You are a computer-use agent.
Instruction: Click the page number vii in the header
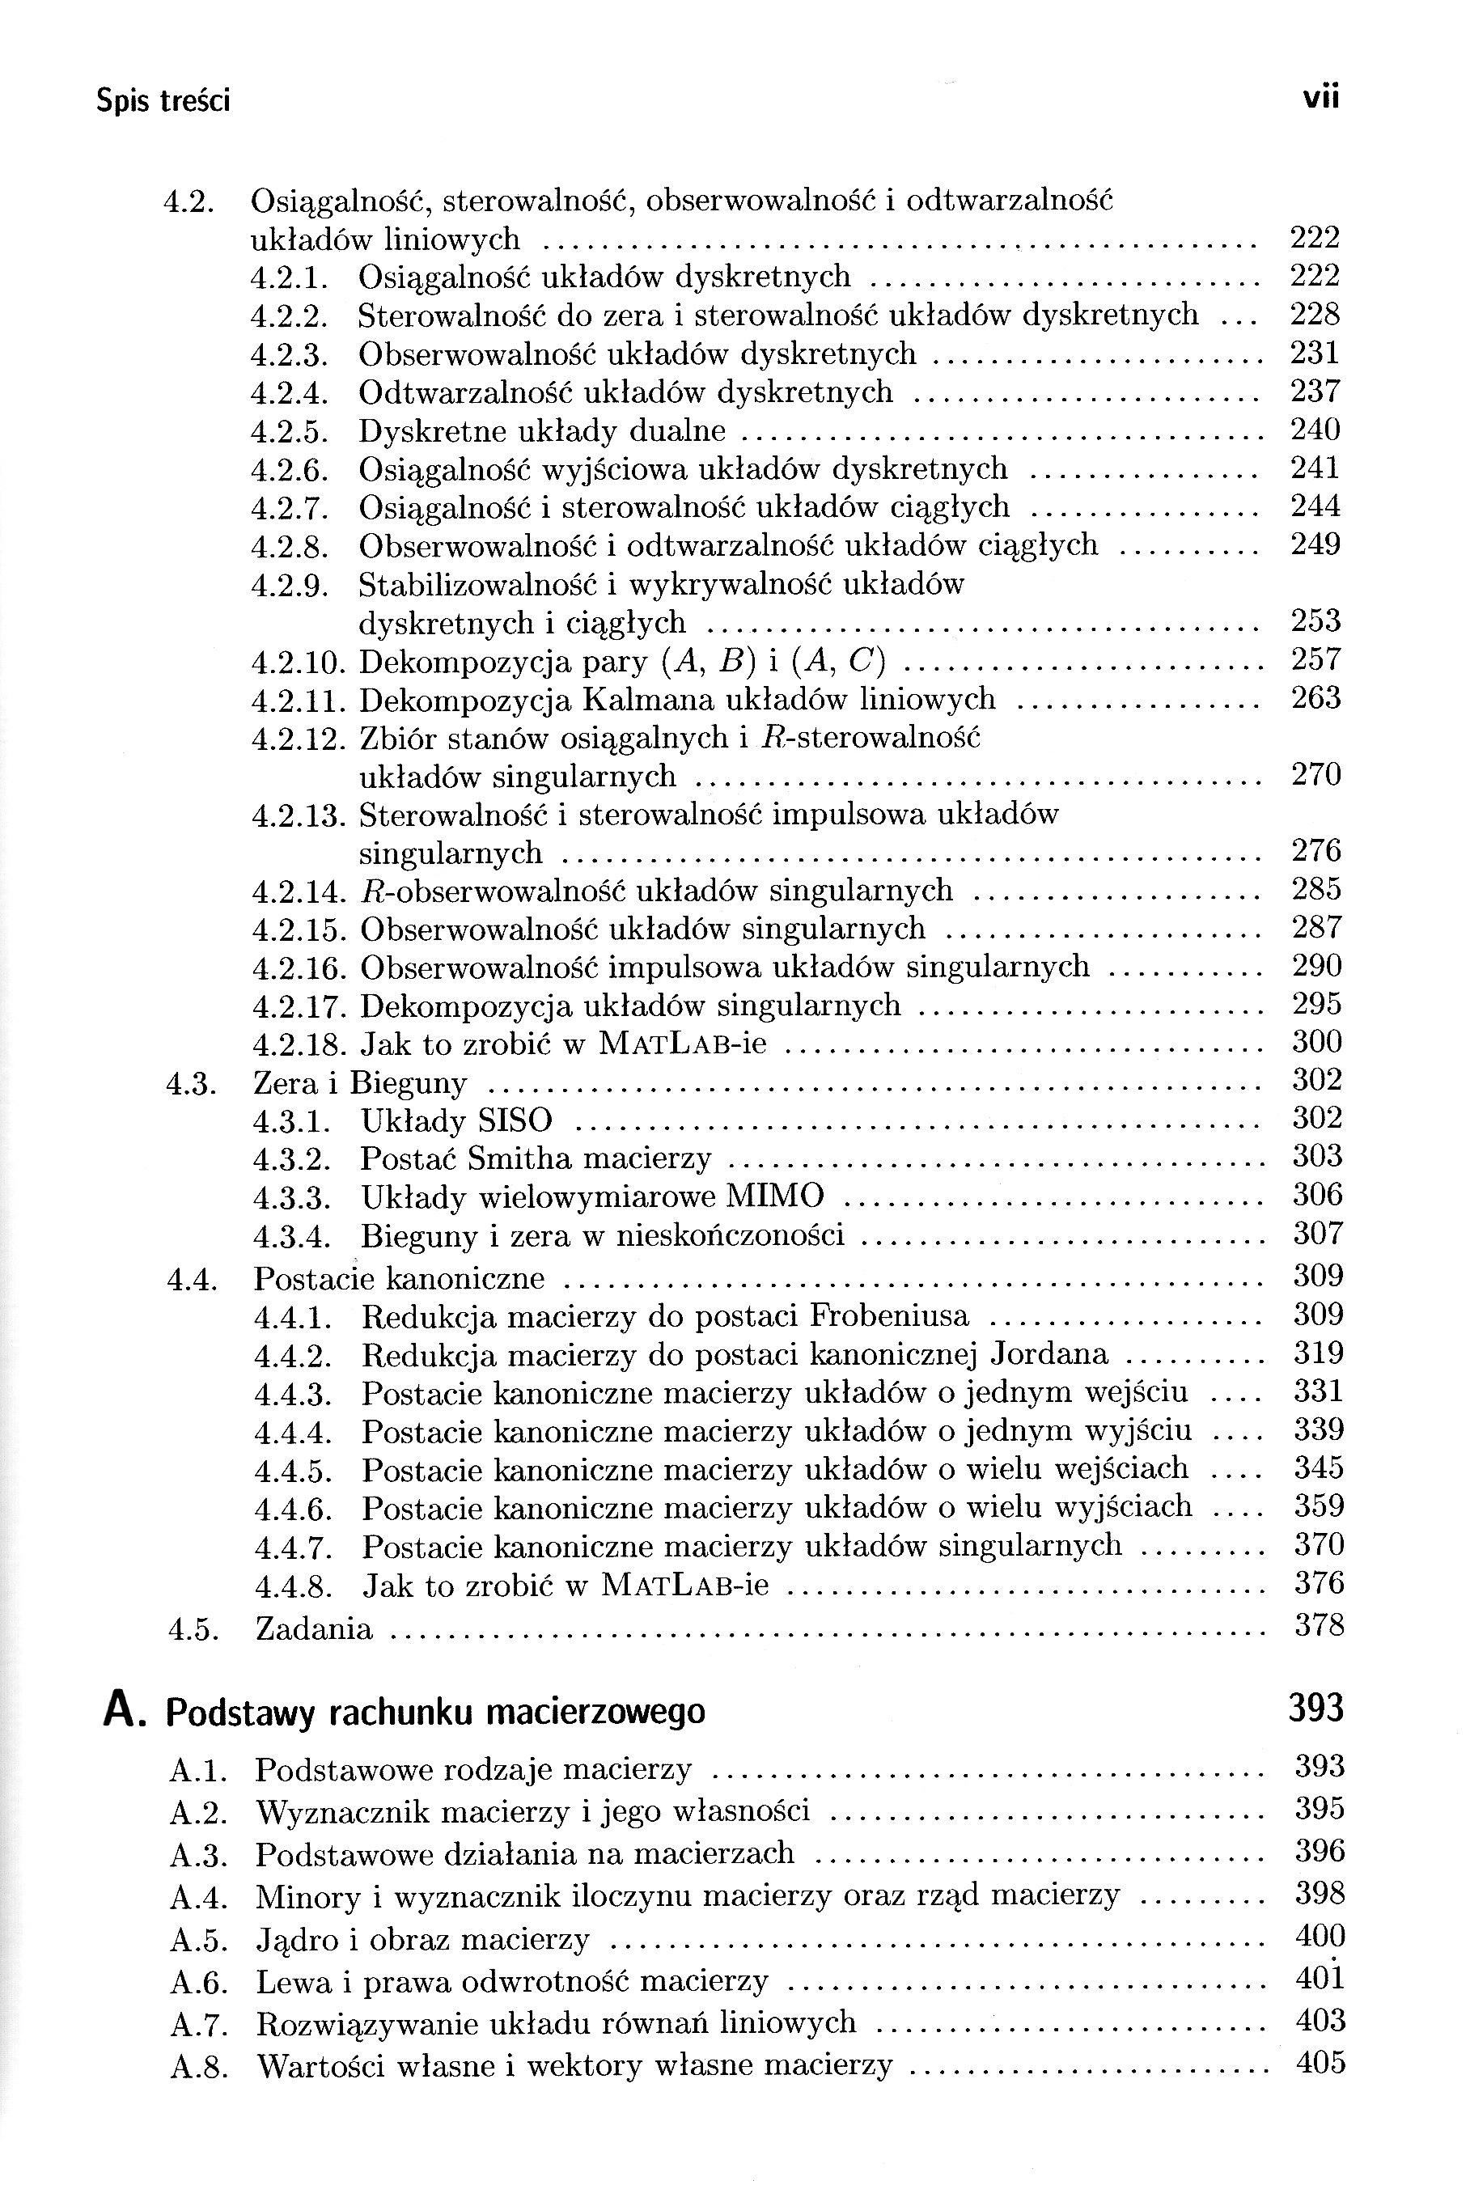1320,98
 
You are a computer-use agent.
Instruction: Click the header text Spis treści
163,100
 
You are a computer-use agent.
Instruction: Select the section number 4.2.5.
290,432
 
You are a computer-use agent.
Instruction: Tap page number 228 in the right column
1315,314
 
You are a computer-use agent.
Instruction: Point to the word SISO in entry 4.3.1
515,1120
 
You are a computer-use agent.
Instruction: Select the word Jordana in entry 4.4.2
1049,1353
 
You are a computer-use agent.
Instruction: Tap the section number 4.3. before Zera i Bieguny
193,1085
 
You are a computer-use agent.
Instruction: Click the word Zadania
314,1628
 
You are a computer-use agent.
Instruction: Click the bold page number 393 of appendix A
1315,1708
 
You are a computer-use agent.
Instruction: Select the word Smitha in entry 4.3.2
519,1158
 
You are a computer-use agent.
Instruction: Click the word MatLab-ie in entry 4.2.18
683,1043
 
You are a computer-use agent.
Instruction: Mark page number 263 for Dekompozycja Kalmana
1315,697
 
